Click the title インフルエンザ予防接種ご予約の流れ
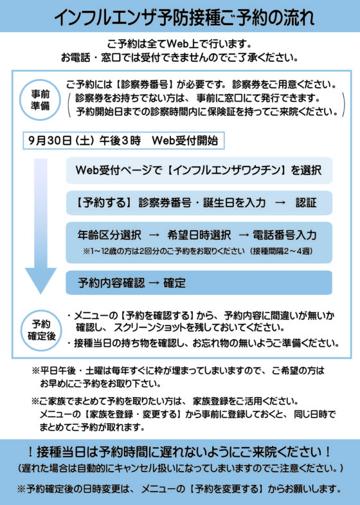click(x=184, y=17)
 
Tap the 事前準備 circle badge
click(x=40, y=100)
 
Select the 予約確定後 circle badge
click(x=42, y=330)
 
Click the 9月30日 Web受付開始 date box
click(x=123, y=140)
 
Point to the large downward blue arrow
click(x=41, y=226)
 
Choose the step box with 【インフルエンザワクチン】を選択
click(x=199, y=170)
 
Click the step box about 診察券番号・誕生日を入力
click(x=199, y=203)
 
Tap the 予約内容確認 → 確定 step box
click(x=199, y=283)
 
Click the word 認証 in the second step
click(x=306, y=203)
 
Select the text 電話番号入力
click(x=284, y=235)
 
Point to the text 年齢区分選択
click(x=109, y=235)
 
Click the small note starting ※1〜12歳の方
click(x=198, y=251)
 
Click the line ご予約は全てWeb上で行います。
click(x=179, y=43)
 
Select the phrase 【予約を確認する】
click(x=157, y=315)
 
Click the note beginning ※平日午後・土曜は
click(x=178, y=377)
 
